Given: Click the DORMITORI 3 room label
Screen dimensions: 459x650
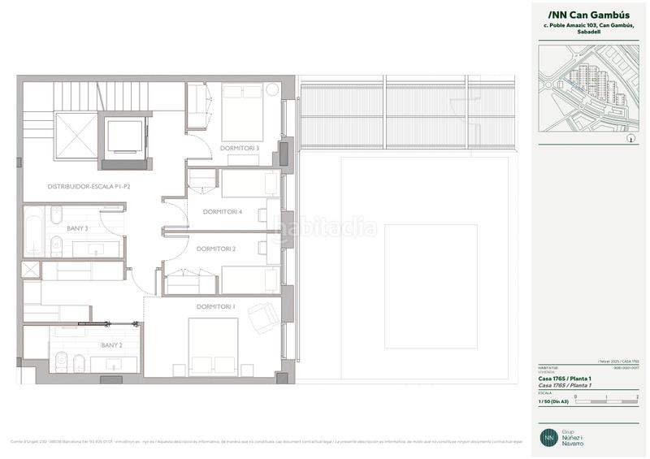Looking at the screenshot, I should click(240, 148).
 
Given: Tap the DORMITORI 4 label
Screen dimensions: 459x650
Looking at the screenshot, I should click(223, 212).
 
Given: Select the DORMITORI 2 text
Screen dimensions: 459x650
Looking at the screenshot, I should click(216, 249).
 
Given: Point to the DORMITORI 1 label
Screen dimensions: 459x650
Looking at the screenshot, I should click(216, 306).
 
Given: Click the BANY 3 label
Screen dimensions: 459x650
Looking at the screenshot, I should click(78, 228).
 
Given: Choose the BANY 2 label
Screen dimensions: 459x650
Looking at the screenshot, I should click(112, 345).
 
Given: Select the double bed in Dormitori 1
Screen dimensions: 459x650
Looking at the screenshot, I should click(213, 345).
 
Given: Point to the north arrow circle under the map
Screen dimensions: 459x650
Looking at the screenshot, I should click(630, 139).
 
